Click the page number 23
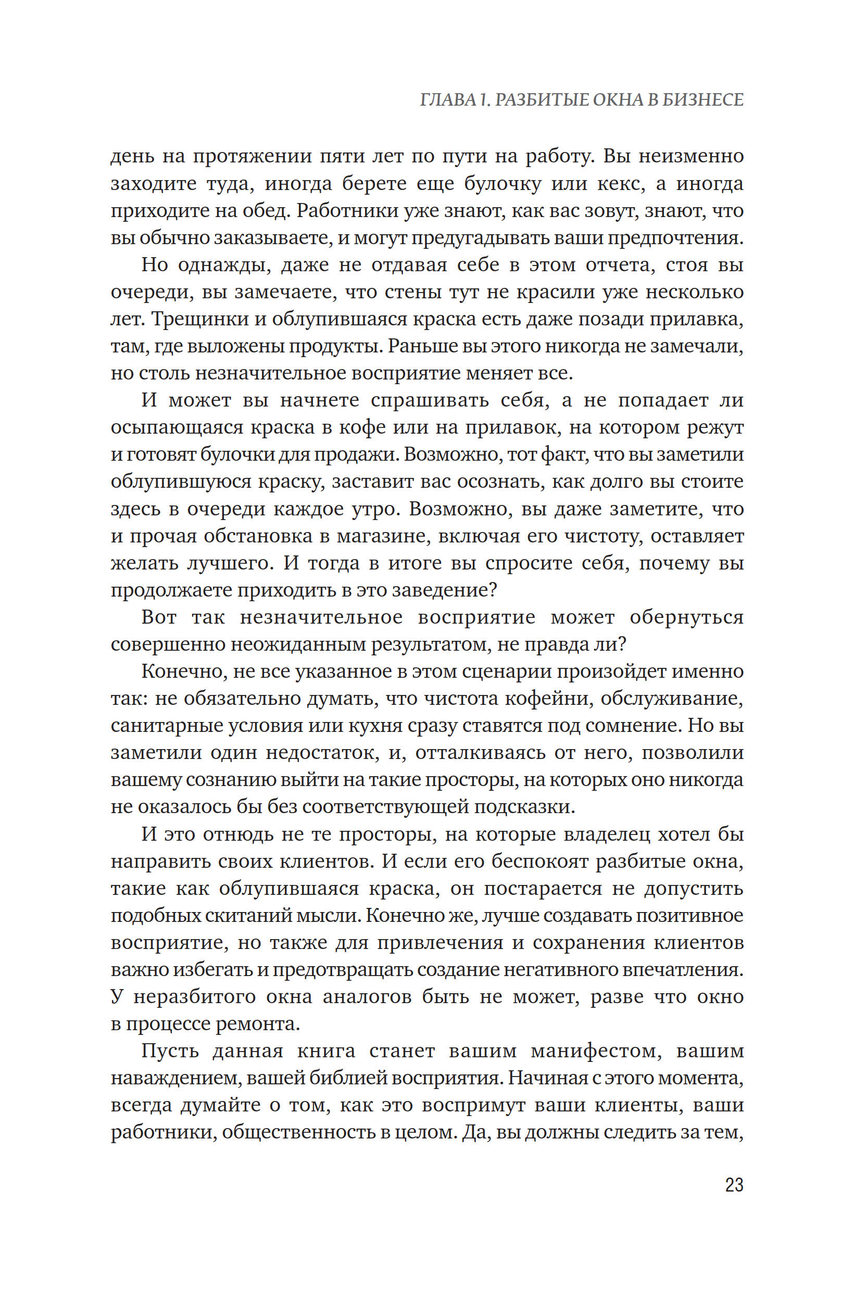(734, 1185)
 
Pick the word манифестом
(596, 1050)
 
